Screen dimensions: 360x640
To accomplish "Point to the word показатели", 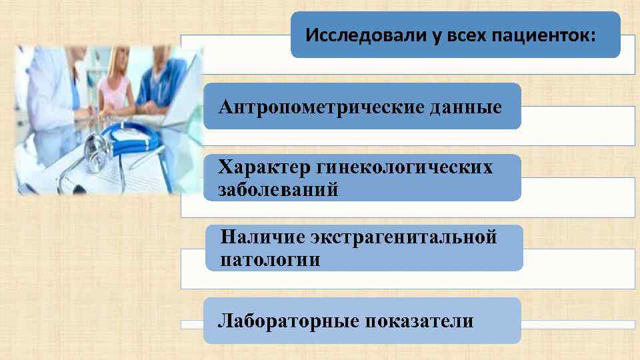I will [x=419, y=321].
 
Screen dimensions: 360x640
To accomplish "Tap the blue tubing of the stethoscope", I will [x=137, y=140].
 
